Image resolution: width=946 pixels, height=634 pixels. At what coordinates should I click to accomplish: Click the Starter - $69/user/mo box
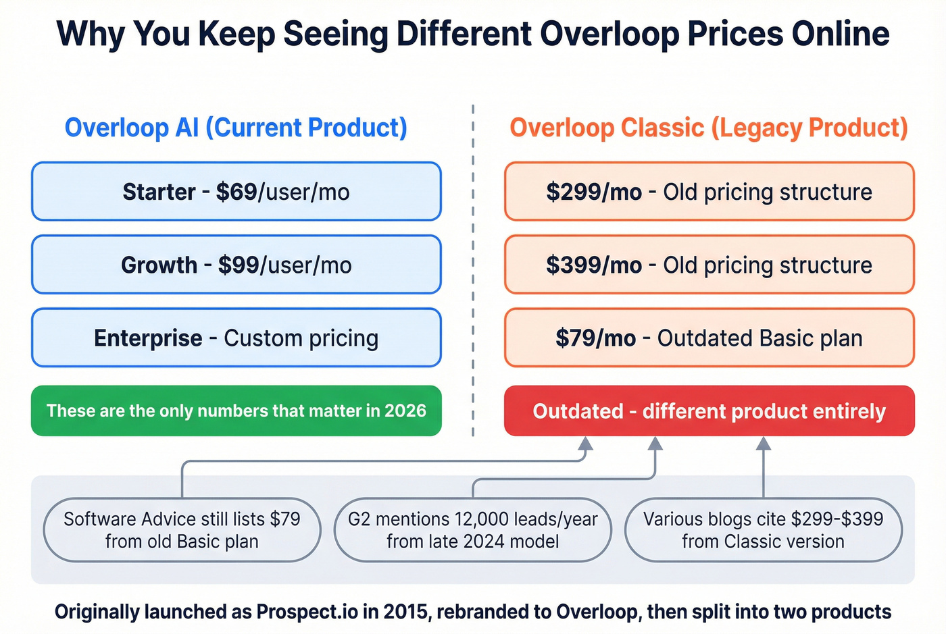[x=236, y=192]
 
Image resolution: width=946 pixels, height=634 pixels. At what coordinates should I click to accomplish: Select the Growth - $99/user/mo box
[x=236, y=265]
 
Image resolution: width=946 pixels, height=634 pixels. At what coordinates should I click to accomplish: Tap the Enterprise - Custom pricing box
[x=236, y=338]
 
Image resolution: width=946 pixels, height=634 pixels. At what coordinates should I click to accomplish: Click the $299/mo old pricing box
[x=709, y=192]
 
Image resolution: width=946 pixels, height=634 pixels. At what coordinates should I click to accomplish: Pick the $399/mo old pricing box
[x=709, y=265]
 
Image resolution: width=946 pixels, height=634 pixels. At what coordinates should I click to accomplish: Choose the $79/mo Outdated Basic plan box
[x=709, y=338]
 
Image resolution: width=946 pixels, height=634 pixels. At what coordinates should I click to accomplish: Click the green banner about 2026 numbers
[x=236, y=411]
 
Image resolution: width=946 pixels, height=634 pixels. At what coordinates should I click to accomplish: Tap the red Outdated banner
[x=709, y=411]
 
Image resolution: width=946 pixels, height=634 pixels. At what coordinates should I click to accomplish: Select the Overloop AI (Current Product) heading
[x=236, y=128]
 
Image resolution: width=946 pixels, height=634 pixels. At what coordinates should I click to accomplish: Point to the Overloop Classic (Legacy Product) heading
[x=709, y=128]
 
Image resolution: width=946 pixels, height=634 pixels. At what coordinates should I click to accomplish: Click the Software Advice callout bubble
[x=182, y=530]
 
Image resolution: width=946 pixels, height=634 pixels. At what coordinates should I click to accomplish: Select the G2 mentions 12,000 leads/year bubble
[x=472, y=530]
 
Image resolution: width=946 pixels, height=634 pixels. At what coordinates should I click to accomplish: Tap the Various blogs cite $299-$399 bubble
[x=763, y=530]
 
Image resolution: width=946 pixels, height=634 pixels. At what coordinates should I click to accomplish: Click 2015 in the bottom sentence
[x=405, y=612]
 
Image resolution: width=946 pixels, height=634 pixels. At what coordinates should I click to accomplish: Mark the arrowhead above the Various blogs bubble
[x=764, y=444]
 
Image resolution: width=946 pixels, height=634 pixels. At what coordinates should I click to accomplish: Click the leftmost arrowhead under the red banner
[x=586, y=444]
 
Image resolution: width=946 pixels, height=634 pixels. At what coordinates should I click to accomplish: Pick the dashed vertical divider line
[x=473, y=270]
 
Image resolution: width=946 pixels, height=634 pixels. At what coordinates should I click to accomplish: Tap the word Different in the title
[x=464, y=34]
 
